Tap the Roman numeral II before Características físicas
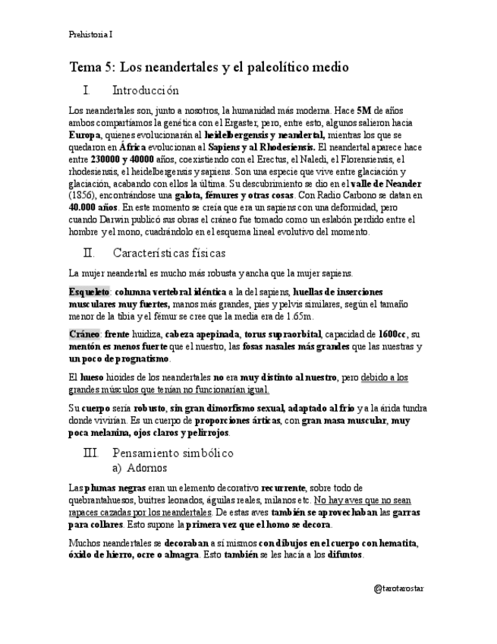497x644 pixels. (88, 253)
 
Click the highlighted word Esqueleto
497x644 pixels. (89, 292)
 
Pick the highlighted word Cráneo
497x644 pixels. (83, 334)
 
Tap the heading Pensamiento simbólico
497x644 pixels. (172, 453)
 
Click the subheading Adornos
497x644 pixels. (147, 468)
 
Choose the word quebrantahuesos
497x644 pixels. (103, 500)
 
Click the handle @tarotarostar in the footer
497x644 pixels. (399, 589)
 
